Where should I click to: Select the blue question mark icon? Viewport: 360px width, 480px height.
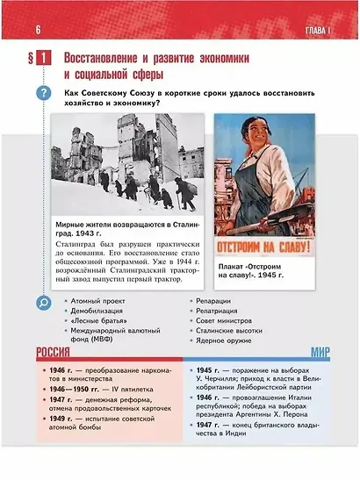[41, 94]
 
